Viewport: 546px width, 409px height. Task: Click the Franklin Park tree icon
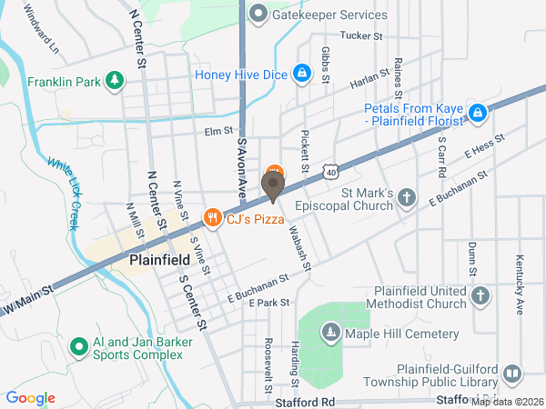point(115,81)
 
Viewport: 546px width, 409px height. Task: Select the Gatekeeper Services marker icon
point(259,14)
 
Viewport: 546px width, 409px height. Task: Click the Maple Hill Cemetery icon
point(329,334)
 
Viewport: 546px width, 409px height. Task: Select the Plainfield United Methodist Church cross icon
point(481,295)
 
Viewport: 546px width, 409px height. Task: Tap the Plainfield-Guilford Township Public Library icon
point(512,374)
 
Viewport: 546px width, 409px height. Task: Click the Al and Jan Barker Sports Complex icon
point(79,346)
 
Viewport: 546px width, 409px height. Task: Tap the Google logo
point(31,397)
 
